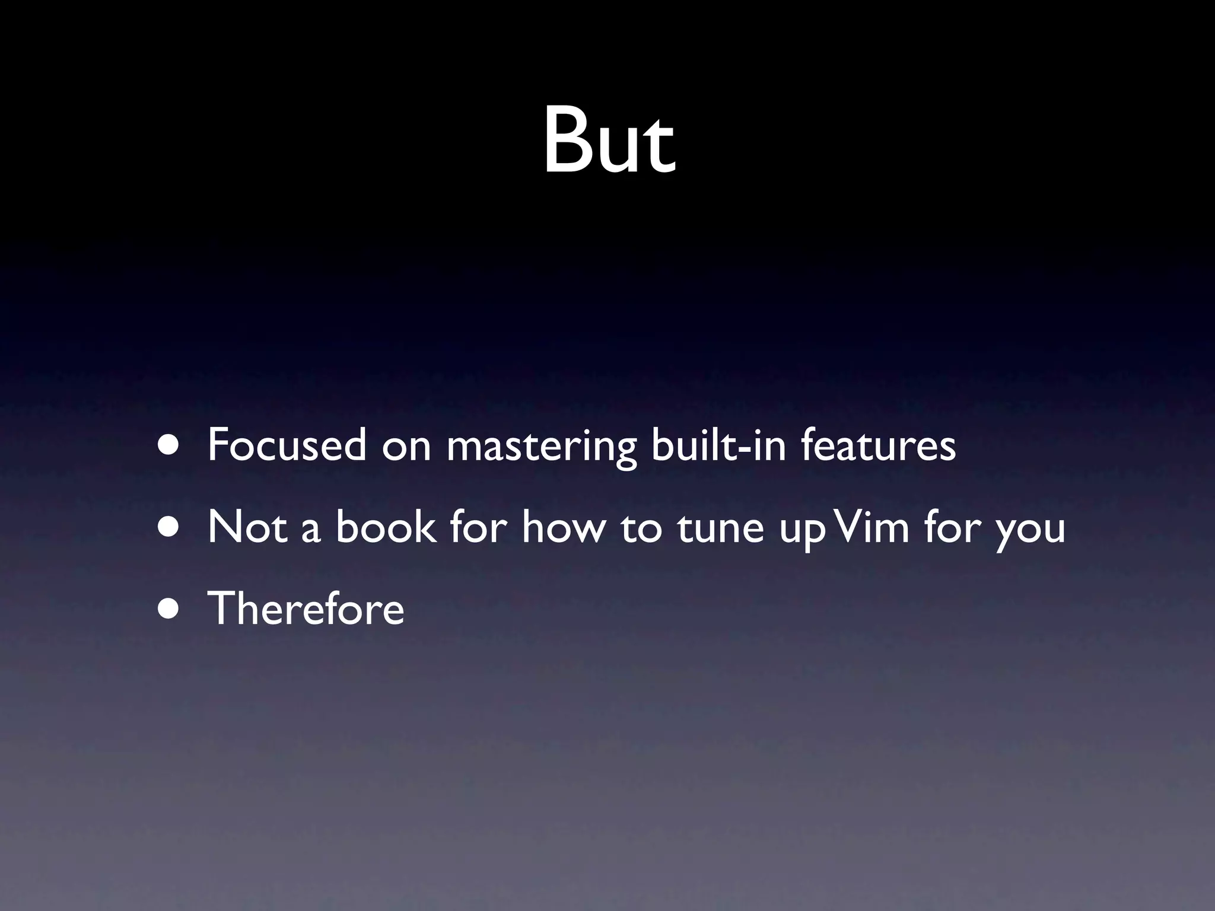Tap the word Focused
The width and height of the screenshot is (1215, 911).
287,445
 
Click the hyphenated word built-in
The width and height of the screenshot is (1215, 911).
718,445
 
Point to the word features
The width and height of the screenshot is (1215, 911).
878,445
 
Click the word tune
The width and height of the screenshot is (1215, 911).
720,527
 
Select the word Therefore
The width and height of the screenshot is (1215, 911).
306,609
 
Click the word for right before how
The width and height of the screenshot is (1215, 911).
478,527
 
